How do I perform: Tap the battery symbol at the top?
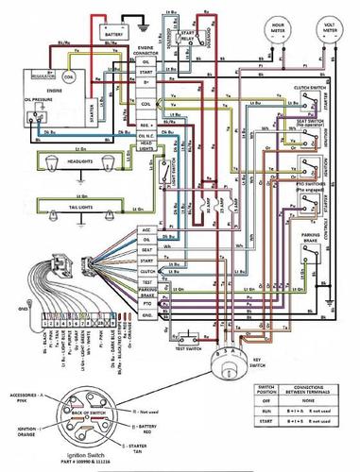(x=115, y=32)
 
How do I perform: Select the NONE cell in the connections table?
(x=307, y=400)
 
